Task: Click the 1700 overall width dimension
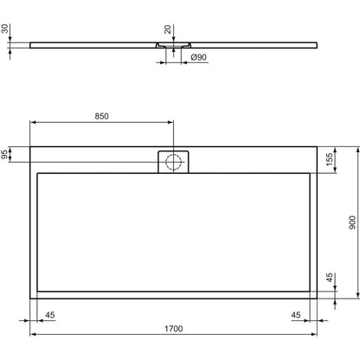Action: (x=174, y=329)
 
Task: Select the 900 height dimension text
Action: (x=352, y=222)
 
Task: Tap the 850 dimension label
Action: (x=102, y=116)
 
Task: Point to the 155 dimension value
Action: (x=329, y=159)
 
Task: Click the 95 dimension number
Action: (x=4, y=154)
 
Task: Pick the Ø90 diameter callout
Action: (x=199, y=57)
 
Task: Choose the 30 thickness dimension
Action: (x=4, y=29)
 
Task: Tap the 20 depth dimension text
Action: (x=168, y=29)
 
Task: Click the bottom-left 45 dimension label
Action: (x=50, y=315)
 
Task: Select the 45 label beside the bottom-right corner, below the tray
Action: (x=296, y=315)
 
